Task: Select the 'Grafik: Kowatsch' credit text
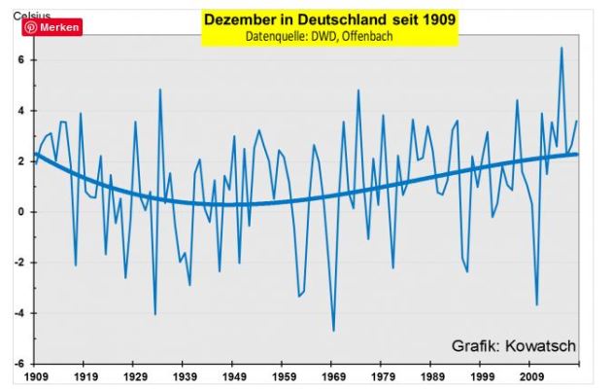click(513, 345)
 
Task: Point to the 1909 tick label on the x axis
click(36, 375)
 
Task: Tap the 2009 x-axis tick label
click(531, 375)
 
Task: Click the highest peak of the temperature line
click(561, 48)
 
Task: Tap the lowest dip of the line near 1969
click(333, 332)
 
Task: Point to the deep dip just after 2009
click(536, 305)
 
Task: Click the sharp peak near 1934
click(160, 89)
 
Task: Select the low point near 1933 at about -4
click(154, 314)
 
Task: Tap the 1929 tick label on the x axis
click(135, 375)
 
